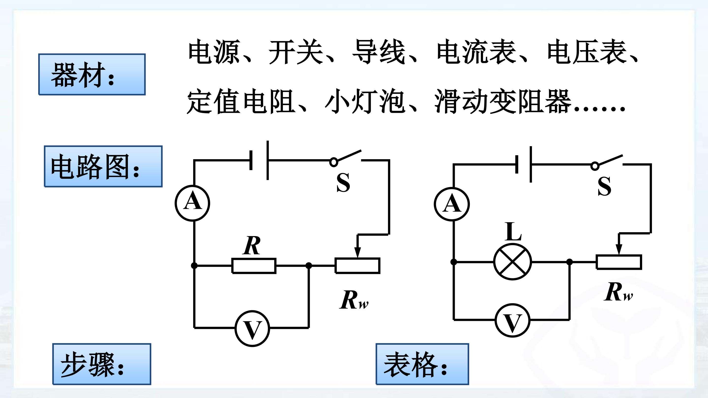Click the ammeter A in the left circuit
192,203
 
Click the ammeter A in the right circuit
452,204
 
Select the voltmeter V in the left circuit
252,328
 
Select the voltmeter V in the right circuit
513,320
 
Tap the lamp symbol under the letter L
513,261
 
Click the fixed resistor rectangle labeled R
254,266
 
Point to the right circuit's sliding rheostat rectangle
619,262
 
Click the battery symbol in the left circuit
259,160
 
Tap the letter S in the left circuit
343,183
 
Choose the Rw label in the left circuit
354,300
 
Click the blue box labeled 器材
92,74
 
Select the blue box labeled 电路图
103,167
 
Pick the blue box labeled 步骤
102,364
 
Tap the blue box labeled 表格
422,364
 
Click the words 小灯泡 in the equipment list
365,101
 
